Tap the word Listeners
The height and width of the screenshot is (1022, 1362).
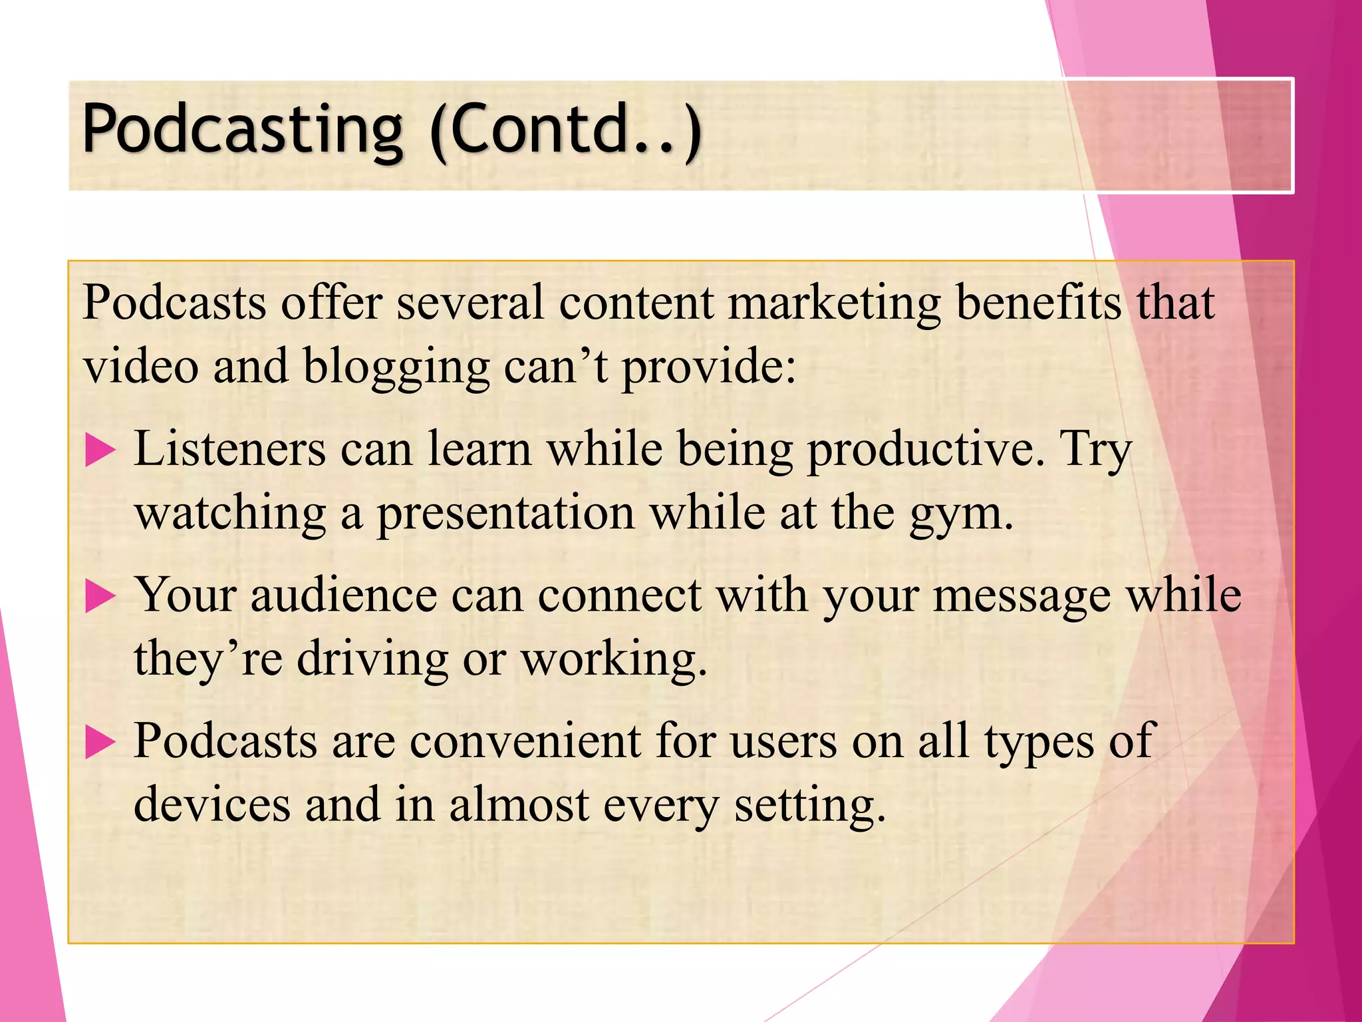[x=230, y=448]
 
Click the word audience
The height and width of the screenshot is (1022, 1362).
[x=343, y=595]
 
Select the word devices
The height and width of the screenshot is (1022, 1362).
[x=212, y=804]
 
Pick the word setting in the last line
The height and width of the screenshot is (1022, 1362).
[x=810, y=806]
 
